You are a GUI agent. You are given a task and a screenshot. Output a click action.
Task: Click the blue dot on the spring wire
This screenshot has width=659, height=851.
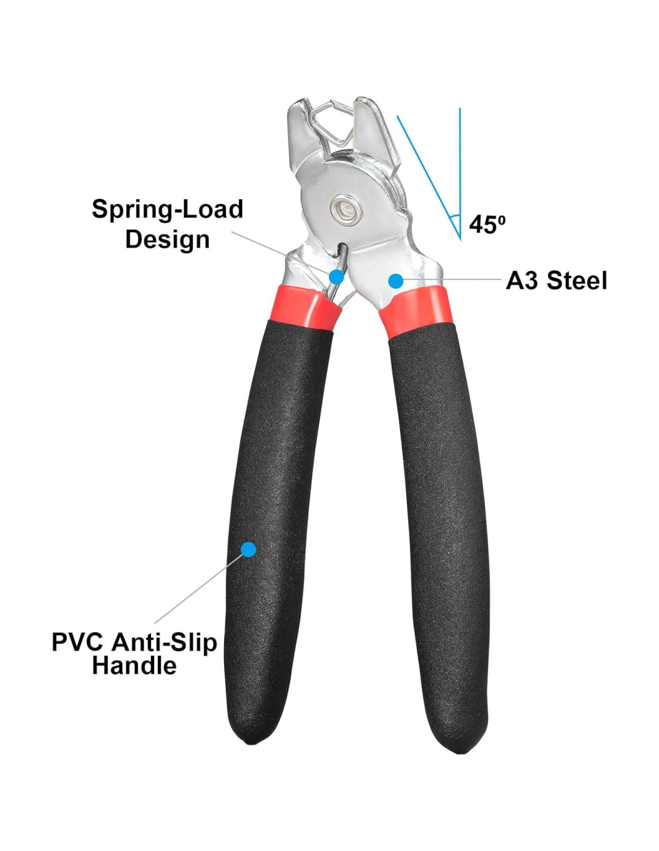point(336,276)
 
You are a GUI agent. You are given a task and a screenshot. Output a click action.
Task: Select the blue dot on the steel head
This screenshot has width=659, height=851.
point(395,281)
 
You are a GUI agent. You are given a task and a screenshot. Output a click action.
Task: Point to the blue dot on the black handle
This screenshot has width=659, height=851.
point(249,549)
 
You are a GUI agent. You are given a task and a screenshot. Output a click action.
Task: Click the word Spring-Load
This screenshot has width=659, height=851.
point(167,209)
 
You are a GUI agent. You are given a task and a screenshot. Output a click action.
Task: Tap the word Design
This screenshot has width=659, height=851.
point(167,239)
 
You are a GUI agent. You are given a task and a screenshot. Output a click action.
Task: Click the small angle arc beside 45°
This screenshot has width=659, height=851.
point(455,217)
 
